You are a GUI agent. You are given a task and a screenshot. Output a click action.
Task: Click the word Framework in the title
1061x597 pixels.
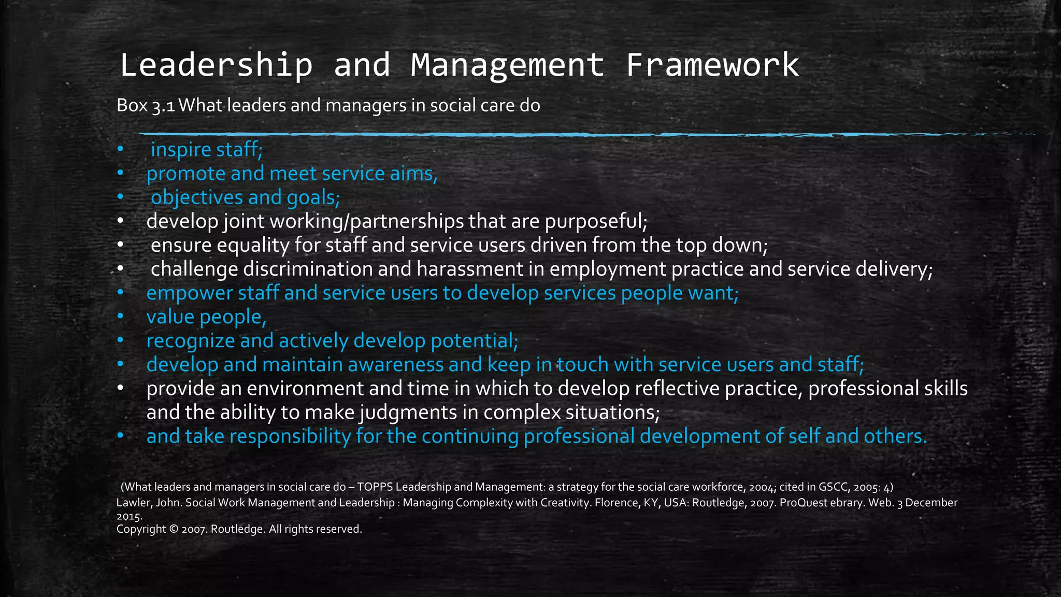coord(712,65)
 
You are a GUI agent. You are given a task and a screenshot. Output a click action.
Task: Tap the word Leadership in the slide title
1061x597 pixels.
coord(216,65)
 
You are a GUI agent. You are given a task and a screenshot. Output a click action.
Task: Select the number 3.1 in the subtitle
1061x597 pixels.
coord(163,106)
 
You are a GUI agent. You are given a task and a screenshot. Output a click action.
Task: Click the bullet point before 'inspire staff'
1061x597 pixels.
coord(120,149)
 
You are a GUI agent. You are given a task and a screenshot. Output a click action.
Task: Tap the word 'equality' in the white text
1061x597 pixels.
coord(252,245)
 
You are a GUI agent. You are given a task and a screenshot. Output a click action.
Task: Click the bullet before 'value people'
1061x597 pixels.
coord(120,317)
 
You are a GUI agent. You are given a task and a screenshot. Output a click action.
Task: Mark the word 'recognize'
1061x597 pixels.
coord(191,341)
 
